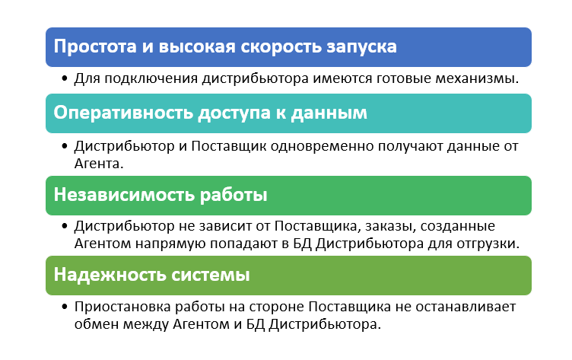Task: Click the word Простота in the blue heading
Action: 95,46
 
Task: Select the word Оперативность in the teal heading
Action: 123,113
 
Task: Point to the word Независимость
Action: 124,195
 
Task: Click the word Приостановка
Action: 122,307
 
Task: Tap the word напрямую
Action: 170,244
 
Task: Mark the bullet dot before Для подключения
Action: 65,78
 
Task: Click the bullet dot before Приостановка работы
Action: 65,306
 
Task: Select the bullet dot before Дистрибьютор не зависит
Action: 65,226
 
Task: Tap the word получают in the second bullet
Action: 411,147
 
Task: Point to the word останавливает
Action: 466,307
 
